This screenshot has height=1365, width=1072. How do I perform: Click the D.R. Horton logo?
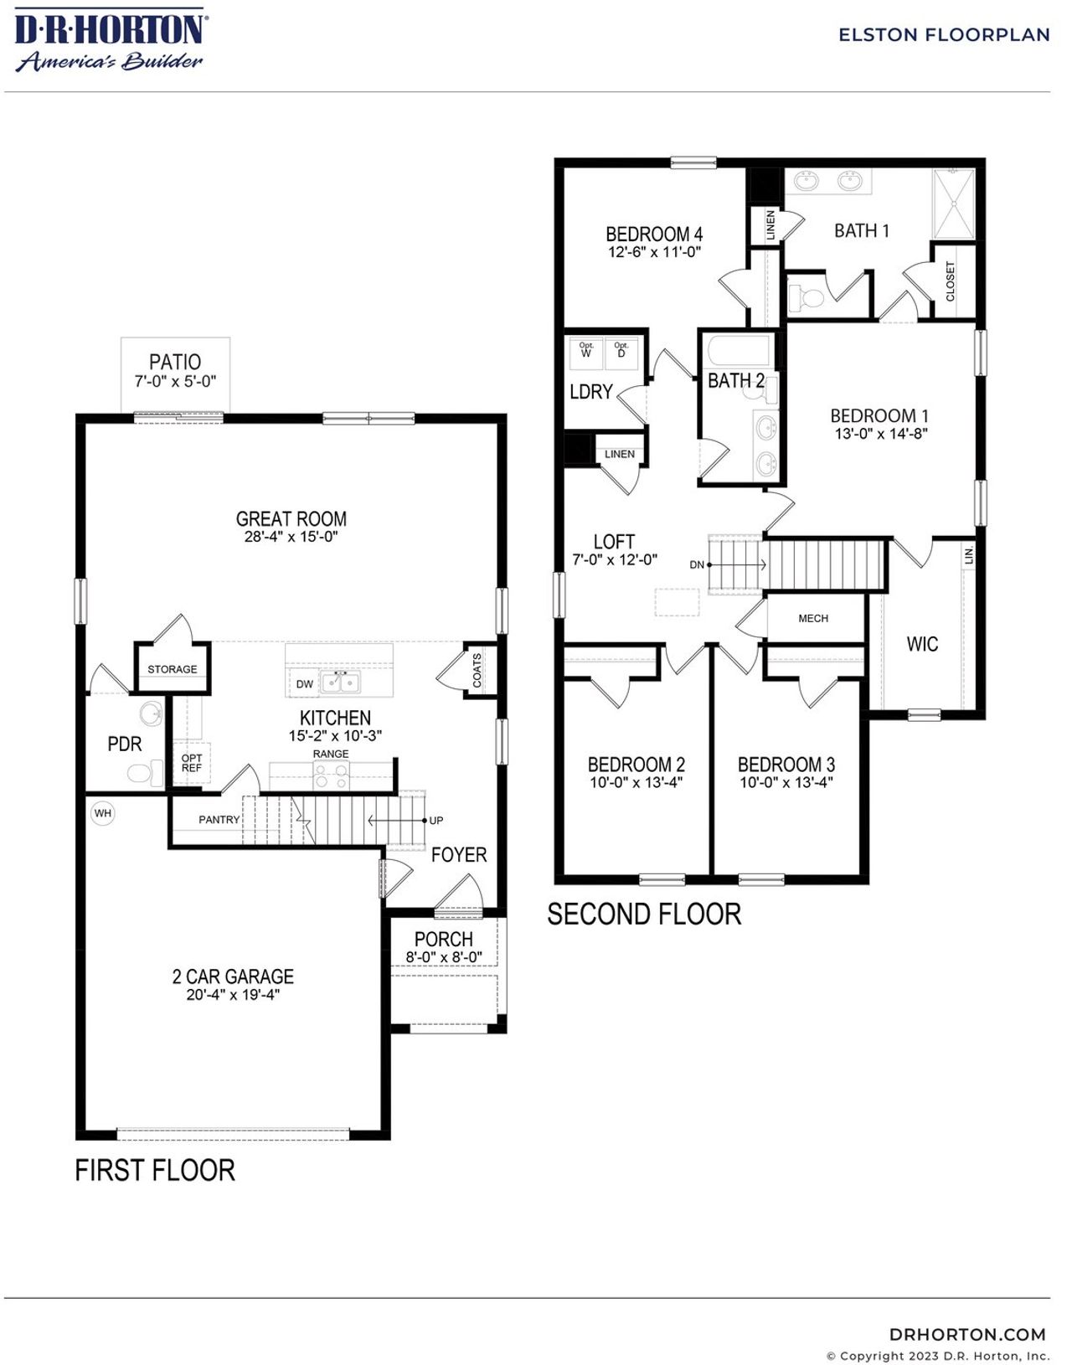coord(110,40)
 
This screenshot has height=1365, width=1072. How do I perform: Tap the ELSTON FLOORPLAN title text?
coord(944,35)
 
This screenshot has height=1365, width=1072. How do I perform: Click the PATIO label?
coord(175,362)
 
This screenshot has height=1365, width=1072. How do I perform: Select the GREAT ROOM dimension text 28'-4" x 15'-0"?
coord(291,537)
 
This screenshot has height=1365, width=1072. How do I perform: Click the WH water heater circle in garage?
coord(102,813)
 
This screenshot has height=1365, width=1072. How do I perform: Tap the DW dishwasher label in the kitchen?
coord(305,684)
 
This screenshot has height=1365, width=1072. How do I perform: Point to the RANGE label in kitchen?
coord(331,754)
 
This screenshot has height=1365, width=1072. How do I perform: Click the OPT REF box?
coord(192,763)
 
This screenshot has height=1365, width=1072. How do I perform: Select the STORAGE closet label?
coord(173,669)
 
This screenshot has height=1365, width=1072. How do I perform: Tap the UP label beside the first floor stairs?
coord(436,821)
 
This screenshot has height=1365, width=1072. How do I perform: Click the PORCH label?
coord(444,939)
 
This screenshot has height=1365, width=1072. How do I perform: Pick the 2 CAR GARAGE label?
coord(233,976)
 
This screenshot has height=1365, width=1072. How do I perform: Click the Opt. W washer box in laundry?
coord(586,350)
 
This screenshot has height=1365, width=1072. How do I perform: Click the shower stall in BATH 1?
coord(954,203)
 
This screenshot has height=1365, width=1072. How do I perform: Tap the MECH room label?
coord(813,618)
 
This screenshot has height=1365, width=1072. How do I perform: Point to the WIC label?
coord(922,644)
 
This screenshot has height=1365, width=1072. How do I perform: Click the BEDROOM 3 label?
coord(786,764)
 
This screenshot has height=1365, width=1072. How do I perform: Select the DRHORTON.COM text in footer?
coord(967,1334)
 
